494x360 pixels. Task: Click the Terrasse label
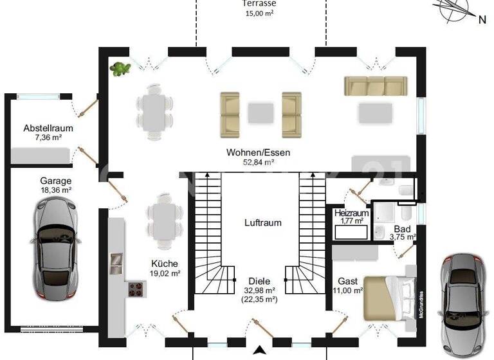coord(259,3)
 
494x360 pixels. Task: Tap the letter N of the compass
coord(482,19)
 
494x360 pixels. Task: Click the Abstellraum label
coord(48,128)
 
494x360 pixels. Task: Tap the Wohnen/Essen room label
coord(259,153)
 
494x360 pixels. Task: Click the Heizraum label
coord(351,213)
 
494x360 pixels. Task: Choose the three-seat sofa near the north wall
coord(376,85)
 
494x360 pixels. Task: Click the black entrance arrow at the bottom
coord(259,350)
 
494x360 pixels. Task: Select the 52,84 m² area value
coord(259,163)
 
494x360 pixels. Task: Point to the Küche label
coord(165,263)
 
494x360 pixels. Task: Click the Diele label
coord(259,281)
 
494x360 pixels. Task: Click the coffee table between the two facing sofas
coord(261,113)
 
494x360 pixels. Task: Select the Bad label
coord(403,228)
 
